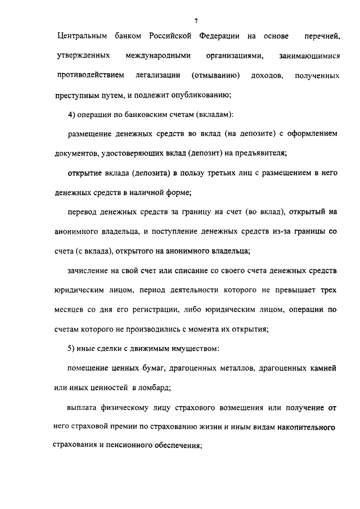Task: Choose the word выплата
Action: click(x=82, y=407)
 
